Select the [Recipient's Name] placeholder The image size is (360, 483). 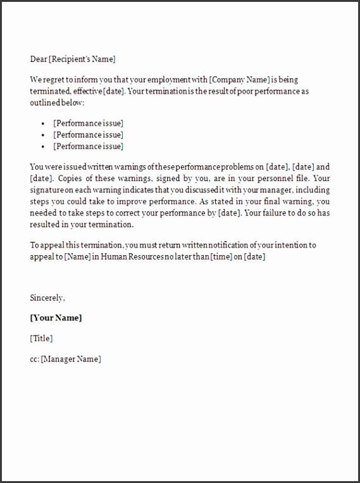tap(82, 60)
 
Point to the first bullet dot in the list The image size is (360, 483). tap(42, 123)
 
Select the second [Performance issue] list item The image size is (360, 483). tap(88, 135)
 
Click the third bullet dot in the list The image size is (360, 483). tap(42, 147)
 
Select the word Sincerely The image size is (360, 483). tap(47, 297)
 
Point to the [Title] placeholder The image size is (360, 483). tap(42, 339)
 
